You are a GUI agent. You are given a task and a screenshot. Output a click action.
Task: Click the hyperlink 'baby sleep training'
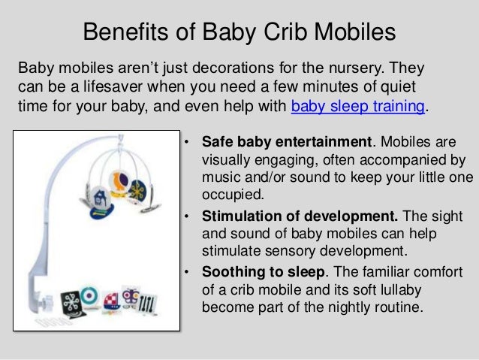(357, 105)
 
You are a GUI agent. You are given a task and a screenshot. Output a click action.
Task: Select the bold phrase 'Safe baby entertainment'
(288, 143)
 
